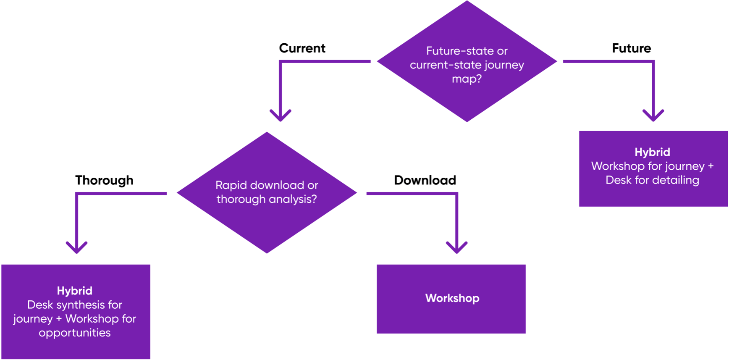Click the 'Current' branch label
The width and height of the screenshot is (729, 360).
[302, 48]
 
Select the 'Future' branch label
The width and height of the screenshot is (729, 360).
[631, 48]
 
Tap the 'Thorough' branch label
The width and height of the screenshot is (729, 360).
[104, 180]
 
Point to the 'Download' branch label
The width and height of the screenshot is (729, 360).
[425, 180]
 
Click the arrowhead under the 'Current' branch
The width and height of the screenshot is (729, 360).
[281, 116]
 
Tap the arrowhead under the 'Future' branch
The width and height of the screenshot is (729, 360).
[653, 116]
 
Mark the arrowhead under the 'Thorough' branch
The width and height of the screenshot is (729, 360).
[77, 247]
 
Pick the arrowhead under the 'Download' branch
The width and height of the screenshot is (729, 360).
[457, 247]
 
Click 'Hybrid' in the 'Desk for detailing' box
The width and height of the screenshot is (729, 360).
[652, 152]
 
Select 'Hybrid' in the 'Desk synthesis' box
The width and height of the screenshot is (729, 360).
[75, 291]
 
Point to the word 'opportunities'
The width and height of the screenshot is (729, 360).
[75, 333]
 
